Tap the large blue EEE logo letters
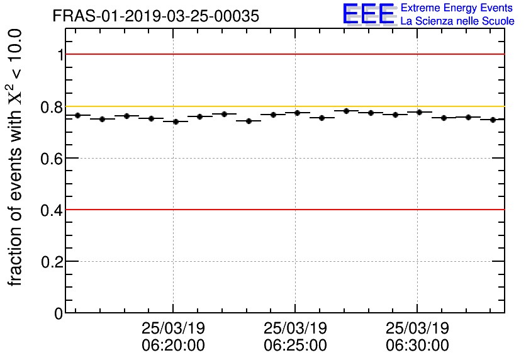[369, 14]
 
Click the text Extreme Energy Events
[457, 8]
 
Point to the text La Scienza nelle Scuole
[457, 21]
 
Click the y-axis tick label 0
[59, 313]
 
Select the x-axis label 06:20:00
[173, 346]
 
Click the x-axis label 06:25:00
[295, 346]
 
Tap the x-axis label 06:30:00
[417, 346]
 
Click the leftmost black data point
[78, 115]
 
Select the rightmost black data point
[493, 120]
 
